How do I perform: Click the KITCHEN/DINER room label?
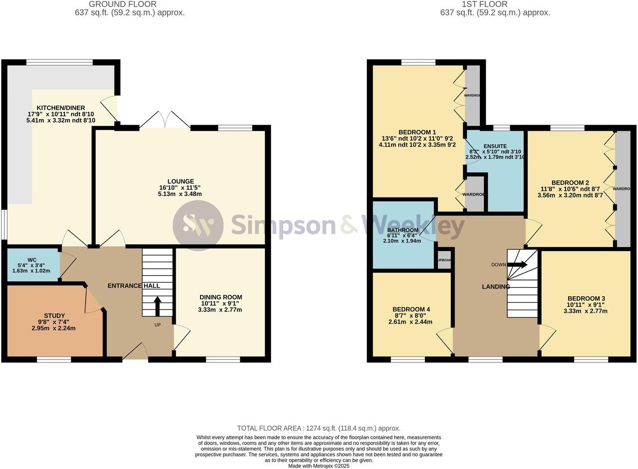click(x=61, y=108)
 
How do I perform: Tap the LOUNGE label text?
click(x=180, y=181)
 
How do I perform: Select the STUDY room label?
click(x=54, y=316)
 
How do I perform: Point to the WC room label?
click(x=32, y=260)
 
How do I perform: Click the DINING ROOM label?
click(x=220, y=297)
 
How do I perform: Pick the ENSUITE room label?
click(x=495, y=147)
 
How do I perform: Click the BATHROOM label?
click(x=402, y=230)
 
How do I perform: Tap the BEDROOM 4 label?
click(x=410, y=309)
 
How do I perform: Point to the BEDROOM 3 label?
click(x=586, y=299)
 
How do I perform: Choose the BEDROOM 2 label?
click(x=570, y=183)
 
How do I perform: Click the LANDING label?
click(x=496, y=286)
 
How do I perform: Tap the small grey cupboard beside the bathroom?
click(x=444, y=261)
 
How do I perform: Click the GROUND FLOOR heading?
click(x=123, y=4)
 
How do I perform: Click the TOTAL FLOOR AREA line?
click(x=319, y=428)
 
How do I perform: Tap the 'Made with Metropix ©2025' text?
click(x=319, y=466)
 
